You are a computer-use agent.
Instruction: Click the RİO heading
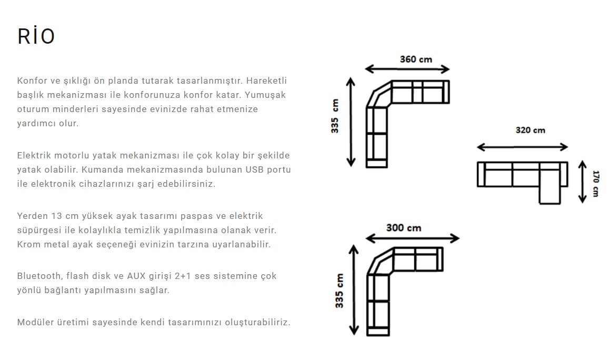pos(36,36)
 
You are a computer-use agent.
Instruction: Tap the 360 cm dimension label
pos(415,59)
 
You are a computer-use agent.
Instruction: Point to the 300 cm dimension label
pos(404,227)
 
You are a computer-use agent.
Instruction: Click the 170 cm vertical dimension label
pos(595,183)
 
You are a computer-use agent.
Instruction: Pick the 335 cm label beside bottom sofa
pos(340,291)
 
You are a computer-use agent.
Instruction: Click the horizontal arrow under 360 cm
pos(407,69)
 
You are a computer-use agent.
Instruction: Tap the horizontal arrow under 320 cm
pos(522,147)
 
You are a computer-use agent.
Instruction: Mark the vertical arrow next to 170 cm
pos(582,182)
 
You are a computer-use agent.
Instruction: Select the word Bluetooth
pos(39,276)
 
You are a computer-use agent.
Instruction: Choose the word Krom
pos(28,245)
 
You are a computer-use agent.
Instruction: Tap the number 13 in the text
pos(57,216)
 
